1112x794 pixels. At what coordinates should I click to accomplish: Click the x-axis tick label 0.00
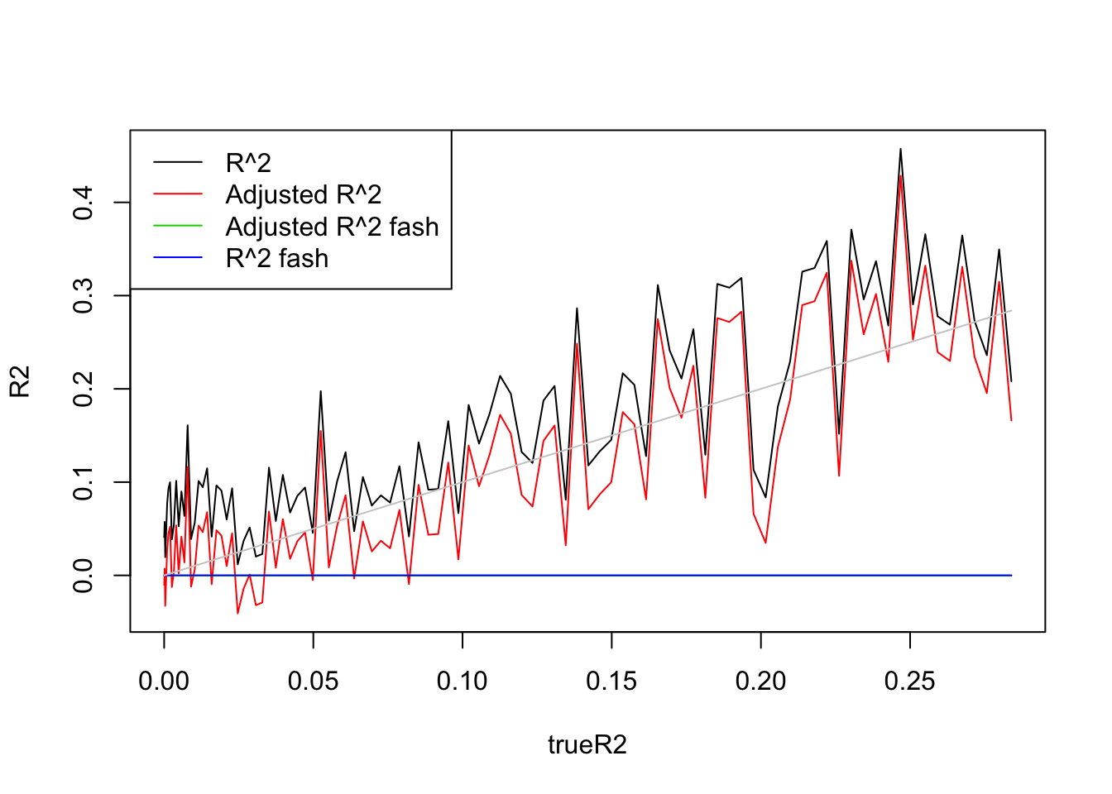click(164, 682)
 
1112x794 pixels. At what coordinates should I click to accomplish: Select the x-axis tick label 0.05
click(313, 682)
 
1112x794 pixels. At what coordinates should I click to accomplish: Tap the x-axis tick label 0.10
click(463, 682)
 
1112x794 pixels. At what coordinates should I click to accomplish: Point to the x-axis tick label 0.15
click(611, 682)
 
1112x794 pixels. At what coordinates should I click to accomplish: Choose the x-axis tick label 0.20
click(760, 682)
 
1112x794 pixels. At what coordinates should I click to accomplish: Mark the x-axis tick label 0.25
click(910, 682)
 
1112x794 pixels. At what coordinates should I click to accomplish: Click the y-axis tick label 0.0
click(84, 576)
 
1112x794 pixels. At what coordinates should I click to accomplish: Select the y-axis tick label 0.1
click(84, 482)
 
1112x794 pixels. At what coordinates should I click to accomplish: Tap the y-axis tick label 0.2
click(84, 389)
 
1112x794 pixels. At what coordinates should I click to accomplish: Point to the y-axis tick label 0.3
click(84, 295)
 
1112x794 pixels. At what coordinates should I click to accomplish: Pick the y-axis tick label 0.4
click(84, 203)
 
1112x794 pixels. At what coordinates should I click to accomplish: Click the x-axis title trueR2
click(587, 745)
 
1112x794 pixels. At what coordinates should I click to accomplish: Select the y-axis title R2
click(21, 381)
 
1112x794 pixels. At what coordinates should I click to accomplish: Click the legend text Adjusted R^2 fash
click(332, 227)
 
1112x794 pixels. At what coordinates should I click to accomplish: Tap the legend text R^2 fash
click(276, 259)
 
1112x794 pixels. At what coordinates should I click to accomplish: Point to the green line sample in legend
click(178, 226)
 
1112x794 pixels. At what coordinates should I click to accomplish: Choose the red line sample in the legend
click(178, 194)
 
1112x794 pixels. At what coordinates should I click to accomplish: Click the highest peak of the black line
click(900, 149)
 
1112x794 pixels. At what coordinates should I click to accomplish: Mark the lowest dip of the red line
click(237, 613)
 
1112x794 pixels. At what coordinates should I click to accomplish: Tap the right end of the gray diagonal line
click(1011, 310)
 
